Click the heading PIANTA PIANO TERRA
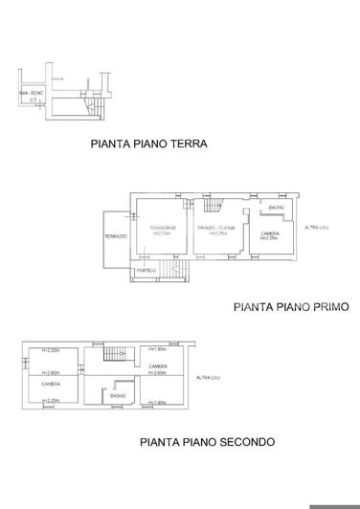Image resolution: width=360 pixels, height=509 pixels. [148, 145]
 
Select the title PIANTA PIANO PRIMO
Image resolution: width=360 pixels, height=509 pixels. [291, 308]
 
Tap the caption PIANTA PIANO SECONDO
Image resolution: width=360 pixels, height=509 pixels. [207, 442]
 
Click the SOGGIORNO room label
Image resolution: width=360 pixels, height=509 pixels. [162, 227]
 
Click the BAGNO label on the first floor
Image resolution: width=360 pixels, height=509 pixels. [275, 208]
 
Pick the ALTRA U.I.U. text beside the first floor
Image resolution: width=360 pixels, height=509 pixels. [316, 226]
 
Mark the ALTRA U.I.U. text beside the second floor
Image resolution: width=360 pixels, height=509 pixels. [207, 379]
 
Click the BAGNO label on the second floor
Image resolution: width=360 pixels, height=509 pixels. [118, 395]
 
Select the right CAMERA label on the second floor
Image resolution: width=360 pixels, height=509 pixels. [159, 366]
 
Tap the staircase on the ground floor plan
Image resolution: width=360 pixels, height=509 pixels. [95, 105]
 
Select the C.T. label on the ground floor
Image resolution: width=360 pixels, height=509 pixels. [32, 99]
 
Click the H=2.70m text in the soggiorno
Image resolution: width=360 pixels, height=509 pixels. [161, 233]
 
